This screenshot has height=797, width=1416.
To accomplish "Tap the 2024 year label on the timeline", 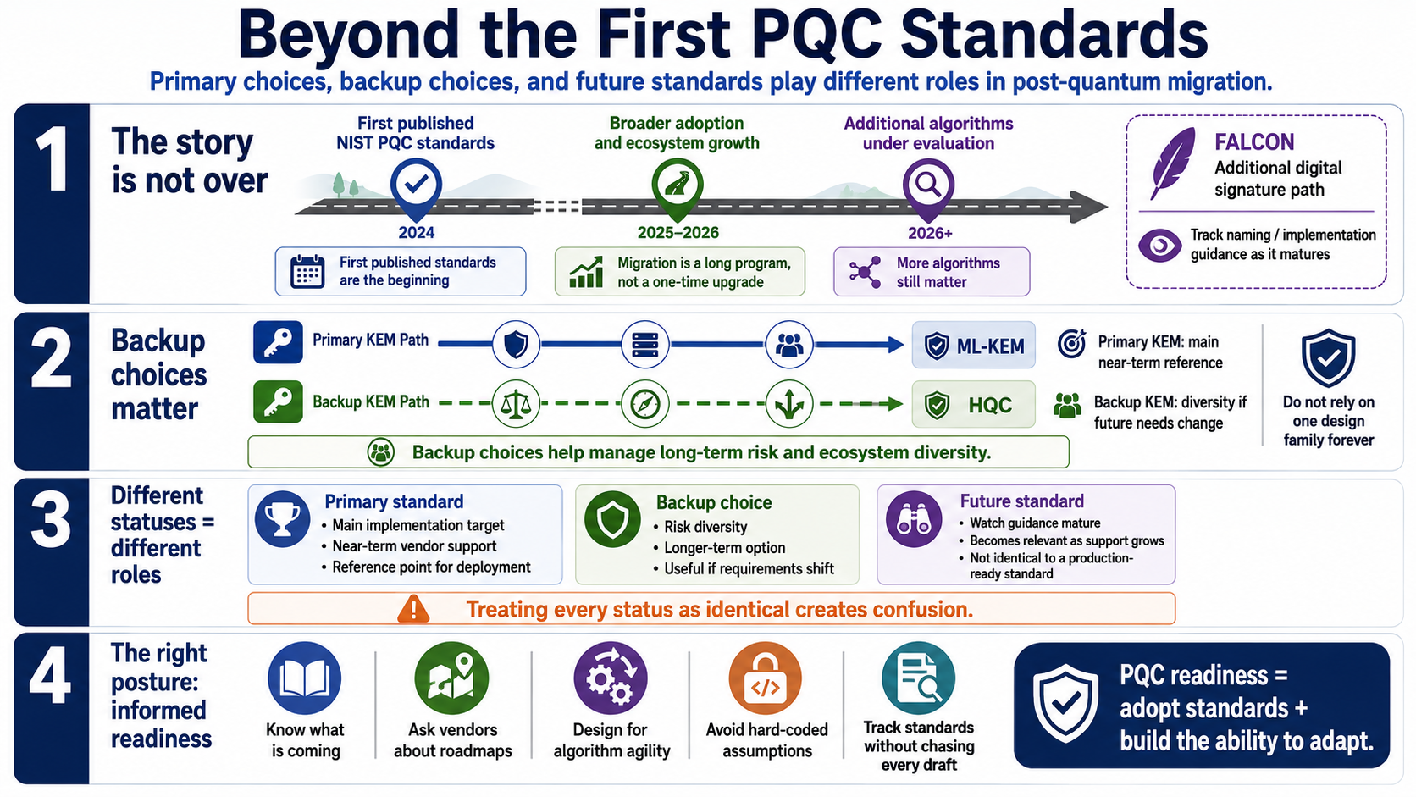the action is (x=416, y=233).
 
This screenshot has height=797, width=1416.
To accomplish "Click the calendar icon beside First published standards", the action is (x=307, y=272).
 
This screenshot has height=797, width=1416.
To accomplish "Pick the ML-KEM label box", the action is (x=974, y=345).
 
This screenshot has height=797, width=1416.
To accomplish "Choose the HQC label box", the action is (x=974, y=405).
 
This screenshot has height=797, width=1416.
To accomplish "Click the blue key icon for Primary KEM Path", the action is (x=278, y=342).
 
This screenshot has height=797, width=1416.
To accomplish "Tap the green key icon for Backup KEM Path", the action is (x=278, y=401).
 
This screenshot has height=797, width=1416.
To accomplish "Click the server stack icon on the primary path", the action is (x=644, y=345).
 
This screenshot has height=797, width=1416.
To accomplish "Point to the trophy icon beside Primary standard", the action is (x=282, y=519).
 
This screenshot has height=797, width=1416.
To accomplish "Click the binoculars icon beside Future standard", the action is (x=914, y=519).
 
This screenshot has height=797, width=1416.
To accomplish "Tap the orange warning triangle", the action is (x=413, y=609).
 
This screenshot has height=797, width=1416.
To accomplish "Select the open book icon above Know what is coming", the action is (x=305, y=678).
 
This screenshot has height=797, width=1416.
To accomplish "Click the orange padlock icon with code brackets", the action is (x=766, y=678).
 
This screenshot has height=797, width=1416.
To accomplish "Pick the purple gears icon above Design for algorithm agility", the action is (x=611, y=678).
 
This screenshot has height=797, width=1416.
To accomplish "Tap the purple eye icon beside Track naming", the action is (x=1160, y=246).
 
